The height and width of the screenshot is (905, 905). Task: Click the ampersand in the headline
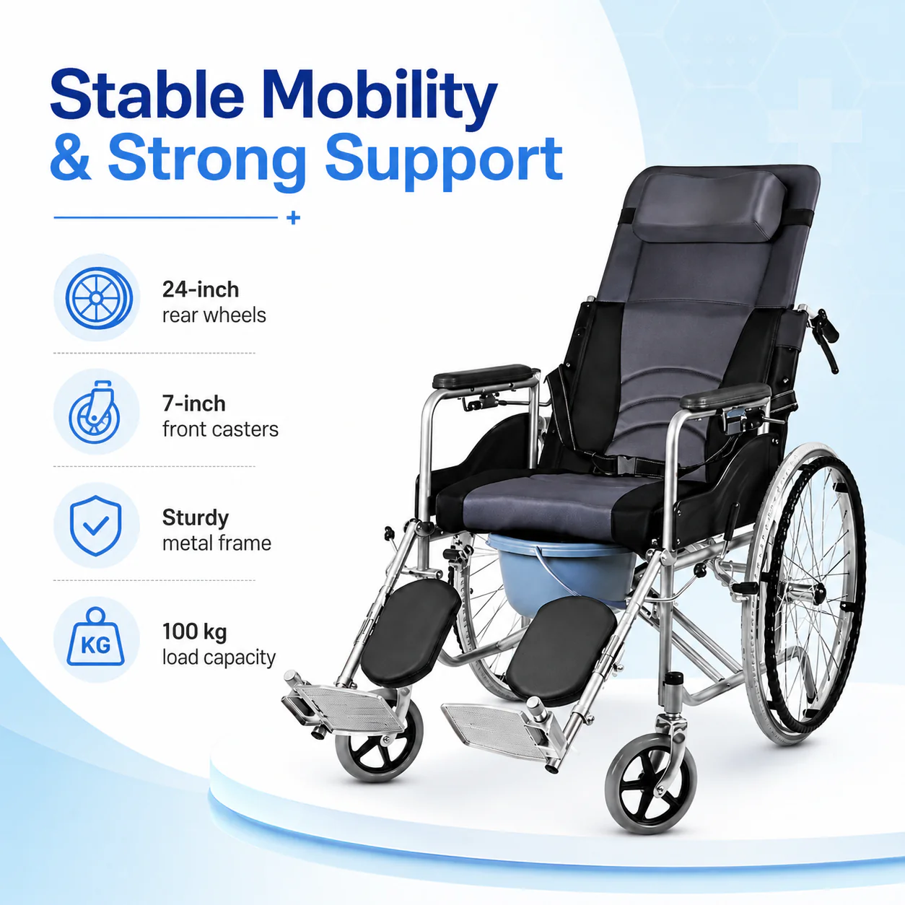tap(71, 157)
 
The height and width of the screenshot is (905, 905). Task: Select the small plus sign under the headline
tap(294, 217)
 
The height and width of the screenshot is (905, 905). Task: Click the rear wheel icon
tap(99, 298)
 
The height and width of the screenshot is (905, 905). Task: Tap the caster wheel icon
tap(95, 412)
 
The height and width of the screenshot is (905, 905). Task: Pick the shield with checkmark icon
tap(96, 525)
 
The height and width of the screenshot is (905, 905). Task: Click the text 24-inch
tap(201, 290)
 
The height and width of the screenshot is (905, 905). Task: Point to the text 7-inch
tap(194, 404)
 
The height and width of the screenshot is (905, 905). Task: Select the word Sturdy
tap(196, 518)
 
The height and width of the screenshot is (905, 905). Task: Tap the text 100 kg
tap(194, 632)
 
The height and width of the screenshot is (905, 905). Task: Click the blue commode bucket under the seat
tap(561, 567)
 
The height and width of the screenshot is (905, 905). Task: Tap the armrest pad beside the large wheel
tap(725, 395)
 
